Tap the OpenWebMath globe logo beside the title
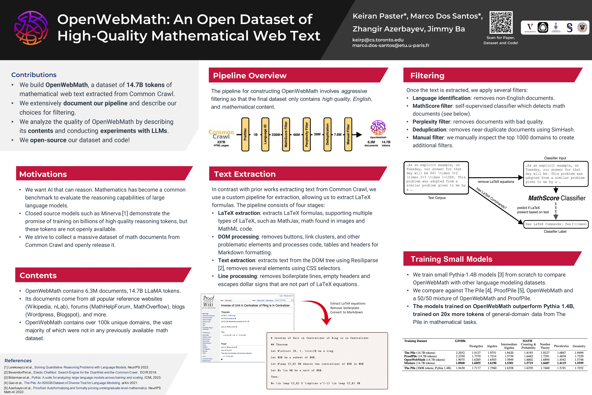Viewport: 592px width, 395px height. click(x=31, y=28)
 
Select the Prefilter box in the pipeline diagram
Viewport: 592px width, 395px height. click(x=245, y=134)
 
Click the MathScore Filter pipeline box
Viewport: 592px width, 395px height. click(x=286, y=134)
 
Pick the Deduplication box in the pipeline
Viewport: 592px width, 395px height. click(x=327, y=134)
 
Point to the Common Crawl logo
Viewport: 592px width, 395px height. click(x=221, y=134)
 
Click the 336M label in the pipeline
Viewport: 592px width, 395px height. click(x=276, y=135)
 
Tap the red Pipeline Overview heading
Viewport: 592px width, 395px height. click(x=250, y=76)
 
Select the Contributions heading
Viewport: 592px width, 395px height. click(x=34, y=75)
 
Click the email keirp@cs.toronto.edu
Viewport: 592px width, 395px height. click(x=378, y=40)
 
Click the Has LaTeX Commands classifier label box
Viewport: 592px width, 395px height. click(x=556, y=224)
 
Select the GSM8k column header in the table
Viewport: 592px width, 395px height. click(x=460, y=341)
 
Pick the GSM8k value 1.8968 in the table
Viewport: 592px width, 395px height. click(x=460, y=363)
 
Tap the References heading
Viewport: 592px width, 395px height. click(x=18, y=360)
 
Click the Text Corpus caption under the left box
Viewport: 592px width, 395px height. click(x=437, y=198)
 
